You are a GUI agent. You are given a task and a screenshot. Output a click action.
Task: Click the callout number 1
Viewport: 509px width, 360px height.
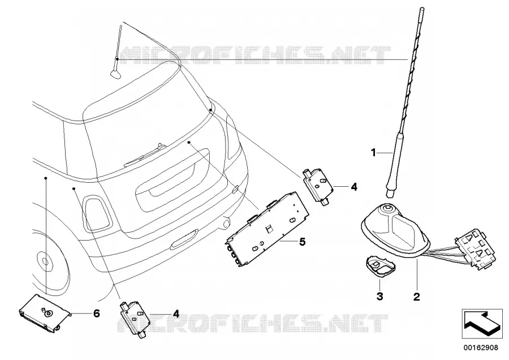pos(374,152)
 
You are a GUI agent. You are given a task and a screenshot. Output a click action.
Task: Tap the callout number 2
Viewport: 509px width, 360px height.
pos(416,296)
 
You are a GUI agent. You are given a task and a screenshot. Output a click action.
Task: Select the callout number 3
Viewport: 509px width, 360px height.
pos(380,296)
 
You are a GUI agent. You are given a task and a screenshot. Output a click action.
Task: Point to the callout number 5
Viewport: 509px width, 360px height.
pos(302,242)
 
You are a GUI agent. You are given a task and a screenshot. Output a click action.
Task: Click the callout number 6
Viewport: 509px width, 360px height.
pos(96,314)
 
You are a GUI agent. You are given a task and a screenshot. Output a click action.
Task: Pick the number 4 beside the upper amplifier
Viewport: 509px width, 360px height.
pos(354,187)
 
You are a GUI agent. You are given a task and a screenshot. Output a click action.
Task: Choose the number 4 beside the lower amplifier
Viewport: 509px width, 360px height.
pos(176,314)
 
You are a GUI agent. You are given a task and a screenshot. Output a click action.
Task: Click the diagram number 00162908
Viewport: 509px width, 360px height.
pos(480,348)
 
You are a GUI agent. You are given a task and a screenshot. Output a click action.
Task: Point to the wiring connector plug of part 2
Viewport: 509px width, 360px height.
pos(476,249)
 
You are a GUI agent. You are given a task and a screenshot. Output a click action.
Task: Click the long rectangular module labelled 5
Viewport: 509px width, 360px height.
pos(267,229)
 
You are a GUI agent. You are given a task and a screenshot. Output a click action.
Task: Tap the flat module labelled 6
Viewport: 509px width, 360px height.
pos(45,313)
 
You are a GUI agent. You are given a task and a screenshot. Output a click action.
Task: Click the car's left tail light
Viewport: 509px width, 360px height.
pos(96,213)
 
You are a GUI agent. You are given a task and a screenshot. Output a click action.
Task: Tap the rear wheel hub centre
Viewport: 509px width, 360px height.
pos(45,260)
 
